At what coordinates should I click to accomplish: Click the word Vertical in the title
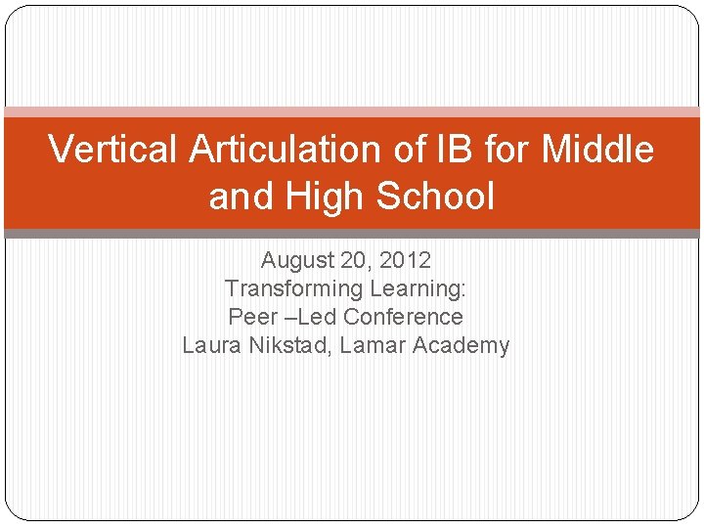pyautogui.click(x=114, y=150)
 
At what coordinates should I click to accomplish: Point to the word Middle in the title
pyautogui.click(x=597, y=150)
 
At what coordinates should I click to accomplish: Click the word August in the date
pyautogui.click(x=298, y=261)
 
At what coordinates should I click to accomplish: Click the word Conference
pyautogui.click(x=403, y=317)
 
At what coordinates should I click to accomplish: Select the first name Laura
pyautogui.click(x=210, y=345)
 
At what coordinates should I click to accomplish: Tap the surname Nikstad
pyautogui.click(x=288, y=345)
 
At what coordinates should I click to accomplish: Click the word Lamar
pyautogui.click(x=373, y=345)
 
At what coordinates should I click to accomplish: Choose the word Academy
pyautogui.click(x=461, y=345)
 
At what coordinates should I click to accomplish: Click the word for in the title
pyautogui.click(x=506, y=150)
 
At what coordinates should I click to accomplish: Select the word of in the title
pyautogui.click(x=411, y=150)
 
